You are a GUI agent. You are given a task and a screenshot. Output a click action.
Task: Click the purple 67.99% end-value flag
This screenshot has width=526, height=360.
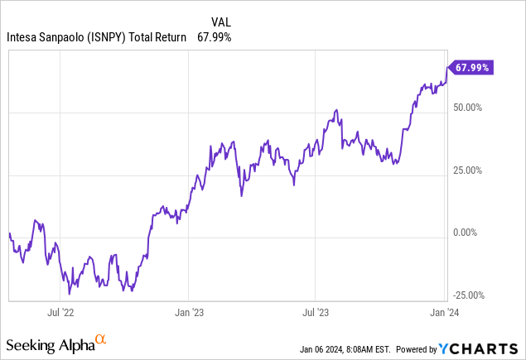coord(471,68)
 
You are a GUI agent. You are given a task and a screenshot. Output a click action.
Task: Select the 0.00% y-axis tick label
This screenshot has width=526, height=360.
coord(472,233)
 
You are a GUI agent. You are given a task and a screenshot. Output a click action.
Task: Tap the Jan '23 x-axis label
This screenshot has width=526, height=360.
coord(188,314)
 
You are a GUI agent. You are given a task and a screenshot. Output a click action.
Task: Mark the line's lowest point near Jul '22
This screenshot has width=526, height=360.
coord(70,293)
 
